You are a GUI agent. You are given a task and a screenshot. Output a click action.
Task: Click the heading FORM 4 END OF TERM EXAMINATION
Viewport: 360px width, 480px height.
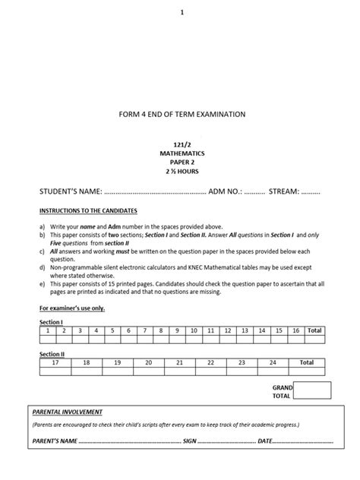tap(182, 114)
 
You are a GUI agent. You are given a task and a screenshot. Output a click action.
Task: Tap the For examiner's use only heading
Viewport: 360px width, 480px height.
tap(72, 308)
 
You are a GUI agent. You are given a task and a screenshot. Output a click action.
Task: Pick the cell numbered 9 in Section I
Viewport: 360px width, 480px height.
tap(177, 330)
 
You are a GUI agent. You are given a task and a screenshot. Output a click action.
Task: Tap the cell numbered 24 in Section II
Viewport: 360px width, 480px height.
tap(273, 362)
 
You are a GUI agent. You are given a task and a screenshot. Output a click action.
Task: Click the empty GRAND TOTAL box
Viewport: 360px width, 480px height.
tap(312, 390)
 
